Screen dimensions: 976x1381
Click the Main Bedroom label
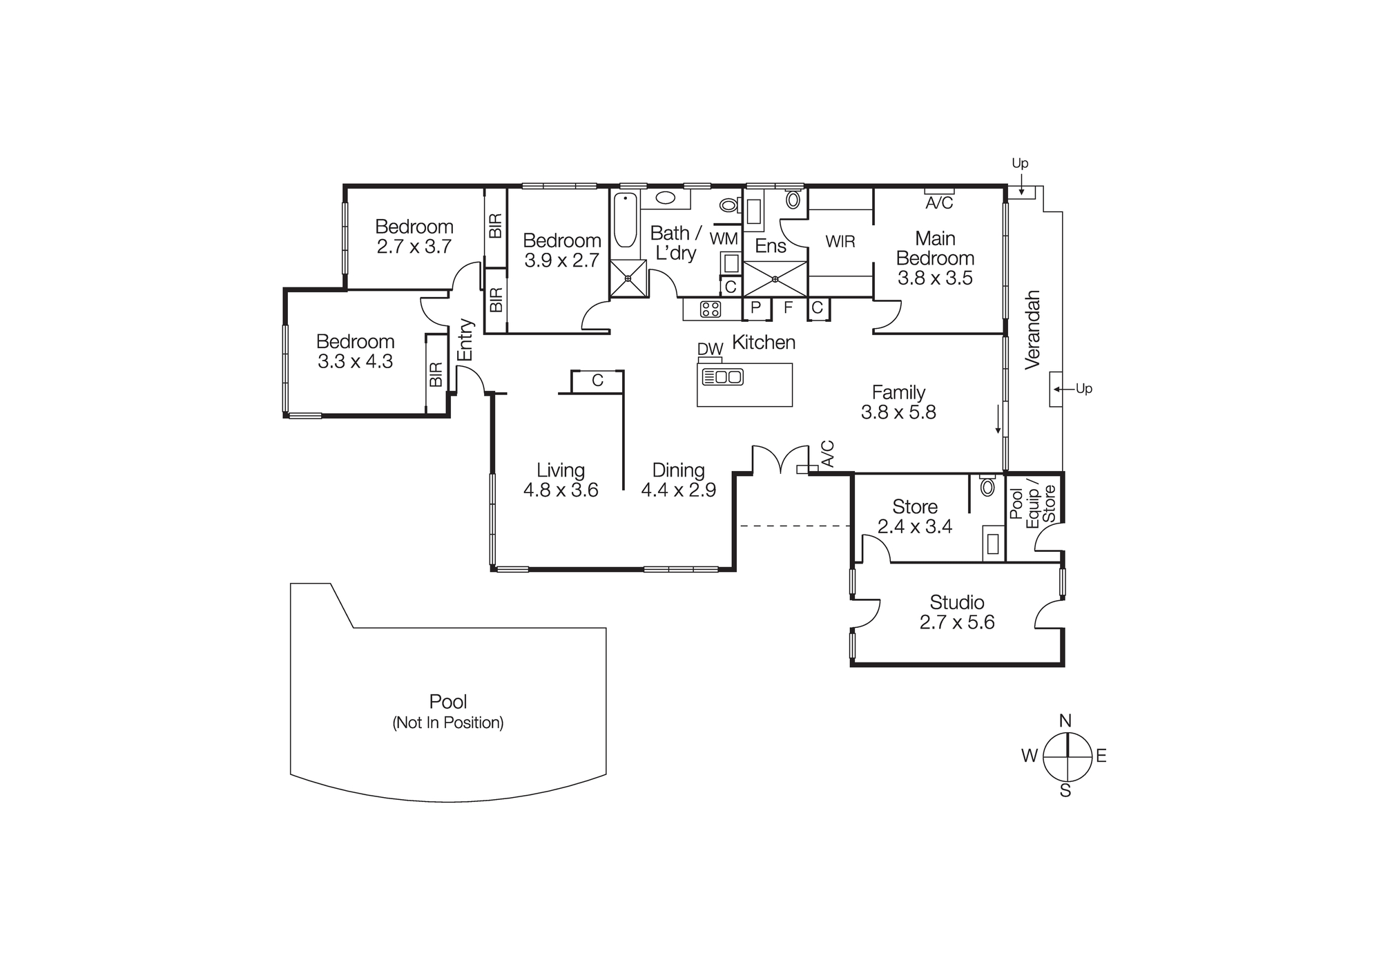[x=935, y=248]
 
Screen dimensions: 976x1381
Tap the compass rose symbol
[x=1067, y=756]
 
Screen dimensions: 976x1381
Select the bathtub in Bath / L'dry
[x=626, y=220]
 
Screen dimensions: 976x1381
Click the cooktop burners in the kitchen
[x=711, y=309]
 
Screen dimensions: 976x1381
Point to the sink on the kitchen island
[x=722, y=377]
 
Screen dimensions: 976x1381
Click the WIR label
[x=840, y=242]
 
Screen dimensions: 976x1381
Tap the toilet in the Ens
[x=793, y=200]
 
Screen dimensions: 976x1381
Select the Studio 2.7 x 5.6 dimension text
[x=957, y=622]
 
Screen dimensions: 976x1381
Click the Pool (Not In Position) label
[x=448, y=711]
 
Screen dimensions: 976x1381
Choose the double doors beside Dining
[x=780, y=460]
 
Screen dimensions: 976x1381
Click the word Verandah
[x=1032, y=329]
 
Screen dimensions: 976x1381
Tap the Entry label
[x=466, y=340]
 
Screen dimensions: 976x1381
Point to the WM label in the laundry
[x=724, y=239]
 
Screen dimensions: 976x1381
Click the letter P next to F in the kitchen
[x=755, y=307]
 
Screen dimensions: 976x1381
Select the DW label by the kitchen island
[x=710, y=350]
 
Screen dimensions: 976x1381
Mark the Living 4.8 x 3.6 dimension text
[x=561, y=490]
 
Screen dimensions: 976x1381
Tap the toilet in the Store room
[x=987, y=486]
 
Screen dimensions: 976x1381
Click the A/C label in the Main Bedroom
[x=939, y=203]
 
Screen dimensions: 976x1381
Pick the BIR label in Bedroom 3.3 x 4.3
[x=436, y=375]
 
